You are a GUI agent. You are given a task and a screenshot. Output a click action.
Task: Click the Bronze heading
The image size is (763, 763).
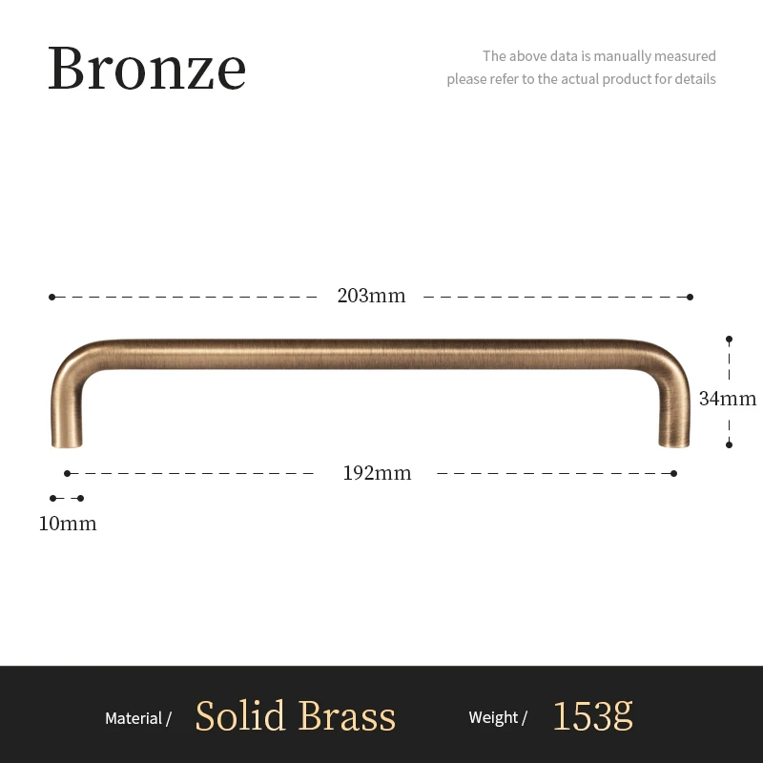[x=147, y=68]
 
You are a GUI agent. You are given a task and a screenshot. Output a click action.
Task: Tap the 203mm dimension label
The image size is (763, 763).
[x=371, y=296]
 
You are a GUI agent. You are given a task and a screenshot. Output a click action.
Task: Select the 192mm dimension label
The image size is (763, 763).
[x=377, y=473]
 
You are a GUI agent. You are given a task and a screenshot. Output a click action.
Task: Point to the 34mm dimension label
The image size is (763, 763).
[x=727, y=399]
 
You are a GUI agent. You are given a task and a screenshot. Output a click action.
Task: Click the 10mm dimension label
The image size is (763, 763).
[x=68, y=524]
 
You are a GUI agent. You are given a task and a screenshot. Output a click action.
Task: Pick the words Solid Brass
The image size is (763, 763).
[x=295, y=716]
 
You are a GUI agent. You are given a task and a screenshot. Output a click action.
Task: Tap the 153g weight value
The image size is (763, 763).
[x=592, y=715]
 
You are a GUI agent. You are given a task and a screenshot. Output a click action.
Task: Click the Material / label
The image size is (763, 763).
[x=138, y=718]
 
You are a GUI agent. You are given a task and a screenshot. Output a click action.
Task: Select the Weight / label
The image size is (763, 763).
[x=498, y=718]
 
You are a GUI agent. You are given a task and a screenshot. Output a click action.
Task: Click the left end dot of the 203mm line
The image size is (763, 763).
[x=52, y=297]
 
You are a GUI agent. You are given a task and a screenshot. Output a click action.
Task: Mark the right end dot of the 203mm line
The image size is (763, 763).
[x=690, y=297]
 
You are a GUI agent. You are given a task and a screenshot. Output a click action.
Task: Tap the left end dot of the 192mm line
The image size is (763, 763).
[x=67, y=473]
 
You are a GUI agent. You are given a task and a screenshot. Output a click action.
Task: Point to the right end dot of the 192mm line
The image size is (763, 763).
[x=673, y=473]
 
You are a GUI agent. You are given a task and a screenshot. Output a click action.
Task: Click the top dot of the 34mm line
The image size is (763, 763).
[x=729, y=339]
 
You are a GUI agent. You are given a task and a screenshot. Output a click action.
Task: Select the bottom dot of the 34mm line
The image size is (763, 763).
[x=729, y=443]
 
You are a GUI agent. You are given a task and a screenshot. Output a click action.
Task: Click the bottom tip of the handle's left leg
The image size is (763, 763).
[x=67, y=443]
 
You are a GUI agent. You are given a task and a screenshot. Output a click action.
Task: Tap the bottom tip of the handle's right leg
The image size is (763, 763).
[x=673, y=443]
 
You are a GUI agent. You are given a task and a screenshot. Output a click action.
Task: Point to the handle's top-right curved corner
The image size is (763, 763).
[x=670, y=358]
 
